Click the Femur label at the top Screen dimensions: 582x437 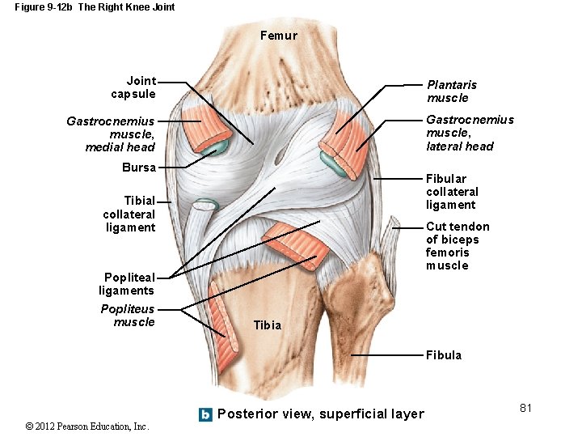279,36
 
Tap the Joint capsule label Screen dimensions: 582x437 133,87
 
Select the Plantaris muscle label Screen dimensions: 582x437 452,91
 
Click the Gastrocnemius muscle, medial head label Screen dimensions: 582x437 111,134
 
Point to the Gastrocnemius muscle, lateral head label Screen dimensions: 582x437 470,133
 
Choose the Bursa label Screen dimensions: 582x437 138,168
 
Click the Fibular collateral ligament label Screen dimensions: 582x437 452,192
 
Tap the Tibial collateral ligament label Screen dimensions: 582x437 129,214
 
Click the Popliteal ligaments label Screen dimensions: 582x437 127,284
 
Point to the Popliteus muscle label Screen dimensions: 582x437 128,316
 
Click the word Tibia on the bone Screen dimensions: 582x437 268,325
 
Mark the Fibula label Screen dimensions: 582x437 444,355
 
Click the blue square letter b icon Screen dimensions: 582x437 205,414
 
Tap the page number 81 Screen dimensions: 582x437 525,408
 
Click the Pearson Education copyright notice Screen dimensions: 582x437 87,426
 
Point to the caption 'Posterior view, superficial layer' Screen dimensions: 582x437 321,414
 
